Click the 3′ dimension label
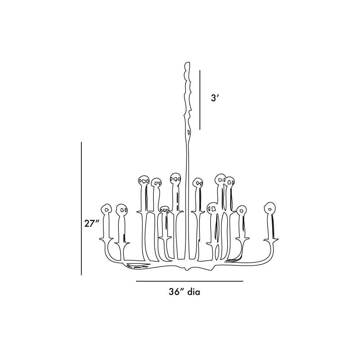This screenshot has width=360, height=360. pos(214,98)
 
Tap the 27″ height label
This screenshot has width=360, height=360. pos(91,223)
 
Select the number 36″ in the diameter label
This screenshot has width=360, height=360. pos(176,292)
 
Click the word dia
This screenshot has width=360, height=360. pos(194,292)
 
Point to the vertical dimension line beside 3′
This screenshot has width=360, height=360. pos(200,100)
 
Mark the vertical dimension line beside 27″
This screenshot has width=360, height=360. pos(81,208)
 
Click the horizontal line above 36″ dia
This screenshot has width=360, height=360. pos(189,281)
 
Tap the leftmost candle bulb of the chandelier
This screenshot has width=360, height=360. pos(106,209)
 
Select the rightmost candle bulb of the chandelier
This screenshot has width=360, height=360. pos(270,208)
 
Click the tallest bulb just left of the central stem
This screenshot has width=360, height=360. pos(175,178)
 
